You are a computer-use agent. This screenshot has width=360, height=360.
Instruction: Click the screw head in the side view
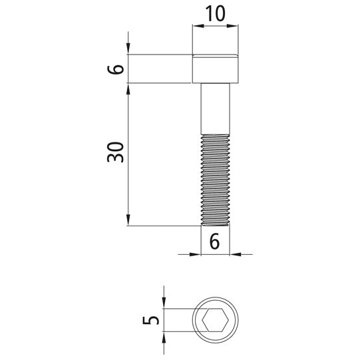click(x=215, y=69)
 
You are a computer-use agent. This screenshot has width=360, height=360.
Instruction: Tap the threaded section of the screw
click(x=215, y=180)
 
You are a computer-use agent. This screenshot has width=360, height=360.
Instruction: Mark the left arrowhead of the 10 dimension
click(x=197, y=27)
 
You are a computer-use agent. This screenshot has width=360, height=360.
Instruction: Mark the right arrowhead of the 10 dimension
click(x=234, y=27)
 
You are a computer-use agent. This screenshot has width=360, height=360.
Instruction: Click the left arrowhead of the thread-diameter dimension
click(x=197, y=254)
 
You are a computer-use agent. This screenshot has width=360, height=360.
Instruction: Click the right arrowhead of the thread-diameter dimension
click(x=234, y=254)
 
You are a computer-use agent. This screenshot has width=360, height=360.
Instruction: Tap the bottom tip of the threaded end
click(x=215, y=225)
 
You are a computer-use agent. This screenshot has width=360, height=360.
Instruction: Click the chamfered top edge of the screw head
click(x=215, y=56)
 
